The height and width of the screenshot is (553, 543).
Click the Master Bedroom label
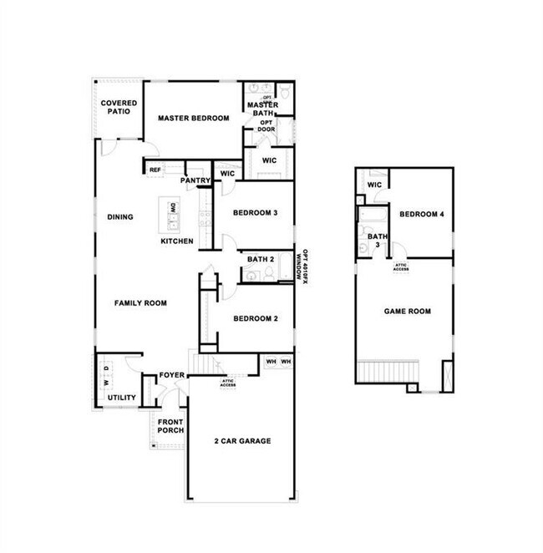click(x=193, y=119)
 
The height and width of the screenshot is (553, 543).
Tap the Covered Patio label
click(x=119, y=107)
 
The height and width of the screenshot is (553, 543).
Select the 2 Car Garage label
click(x=242, y=441)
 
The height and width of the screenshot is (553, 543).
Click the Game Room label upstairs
click(x=407, y=312)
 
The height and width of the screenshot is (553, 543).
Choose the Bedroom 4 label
click(x=421, y=215)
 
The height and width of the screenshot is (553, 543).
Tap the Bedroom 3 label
click(x=255, y=213)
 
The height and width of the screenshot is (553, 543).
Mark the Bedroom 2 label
click(x=255, y=318)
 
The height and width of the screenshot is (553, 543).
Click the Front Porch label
click(x=170, y=426)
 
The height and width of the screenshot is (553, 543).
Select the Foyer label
click(x=171, y=375)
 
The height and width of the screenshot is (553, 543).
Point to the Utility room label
click(x=122, y=398)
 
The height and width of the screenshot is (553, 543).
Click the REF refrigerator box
click(x=155, y=170)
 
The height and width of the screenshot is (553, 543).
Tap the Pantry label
click(x=195, y=180)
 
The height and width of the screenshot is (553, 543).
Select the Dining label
click(x=120, y=217)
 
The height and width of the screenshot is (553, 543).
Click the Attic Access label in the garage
click(x=228, y=383)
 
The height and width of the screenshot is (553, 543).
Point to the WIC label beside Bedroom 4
click(x=375, y=185)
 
